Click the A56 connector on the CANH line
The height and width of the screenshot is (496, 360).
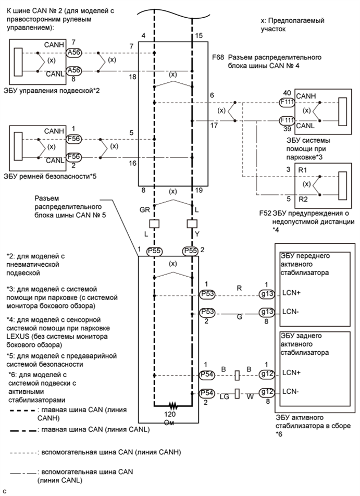tap(73, 53)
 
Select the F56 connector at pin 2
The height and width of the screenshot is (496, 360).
tap(73, 157)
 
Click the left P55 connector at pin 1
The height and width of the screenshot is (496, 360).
tap(155, 251)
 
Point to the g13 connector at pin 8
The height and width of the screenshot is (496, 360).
tap(267, 312)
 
